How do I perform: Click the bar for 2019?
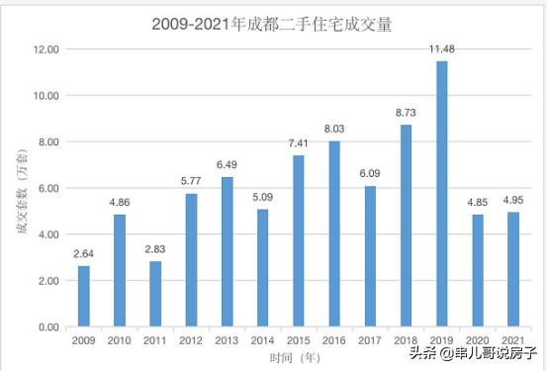(x=441, y=194)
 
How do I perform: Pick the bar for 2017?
(x=370, y=256)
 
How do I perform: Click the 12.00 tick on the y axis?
(x=46, y=49)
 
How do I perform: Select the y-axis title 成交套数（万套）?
(x=19, y=188)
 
